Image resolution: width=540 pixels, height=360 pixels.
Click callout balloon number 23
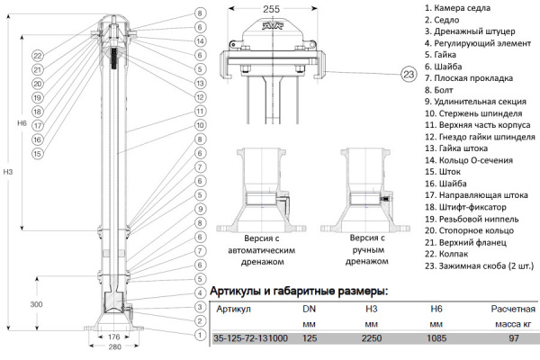click(x=409, y=73)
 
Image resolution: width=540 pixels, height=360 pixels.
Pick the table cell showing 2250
click(x=371, y=338)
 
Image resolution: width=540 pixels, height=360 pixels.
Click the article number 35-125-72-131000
click(x=250, y=338)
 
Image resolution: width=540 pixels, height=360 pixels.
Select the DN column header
click(x=308, y=309)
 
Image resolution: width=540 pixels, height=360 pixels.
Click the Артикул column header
click(x=235, y=309)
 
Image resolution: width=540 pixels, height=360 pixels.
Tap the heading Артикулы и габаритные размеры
click(x=299, y=292)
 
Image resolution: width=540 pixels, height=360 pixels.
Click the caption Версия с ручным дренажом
click(x=368, y=249)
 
